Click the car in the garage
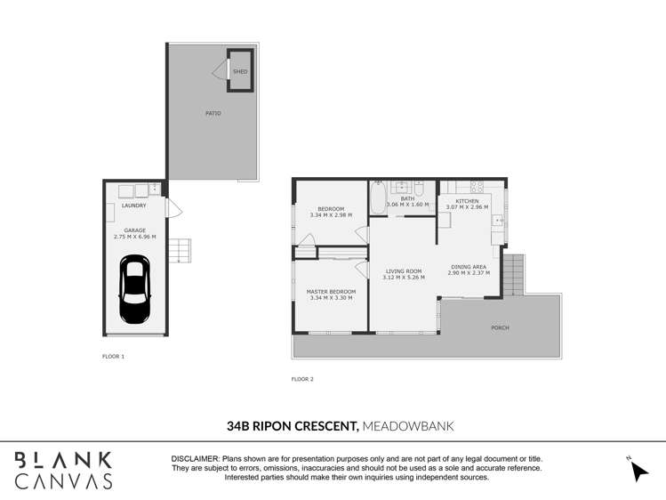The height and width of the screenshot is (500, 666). (135, 290)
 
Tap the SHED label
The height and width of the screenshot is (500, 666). (240, 71)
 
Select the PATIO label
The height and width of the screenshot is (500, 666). (213, 113)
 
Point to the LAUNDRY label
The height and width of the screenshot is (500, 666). (135, 206)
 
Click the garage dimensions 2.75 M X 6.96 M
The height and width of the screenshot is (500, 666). (135, 238)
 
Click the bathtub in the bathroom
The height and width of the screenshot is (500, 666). (378, 198)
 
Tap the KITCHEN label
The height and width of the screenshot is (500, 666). (467, 201)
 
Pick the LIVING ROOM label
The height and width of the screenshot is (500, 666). (403, 271)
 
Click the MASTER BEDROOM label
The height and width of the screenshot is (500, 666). (331, 292)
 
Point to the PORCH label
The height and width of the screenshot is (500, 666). (501, 327)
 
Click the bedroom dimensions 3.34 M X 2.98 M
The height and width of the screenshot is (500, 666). (331, 215)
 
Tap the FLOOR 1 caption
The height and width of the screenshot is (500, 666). (114, 356)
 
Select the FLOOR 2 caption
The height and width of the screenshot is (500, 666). (302, 379)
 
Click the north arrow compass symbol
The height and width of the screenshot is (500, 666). (638, 469)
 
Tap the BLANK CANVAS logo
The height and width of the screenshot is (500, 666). (63, 470)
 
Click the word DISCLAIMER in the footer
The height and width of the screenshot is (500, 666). (195, 458)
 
